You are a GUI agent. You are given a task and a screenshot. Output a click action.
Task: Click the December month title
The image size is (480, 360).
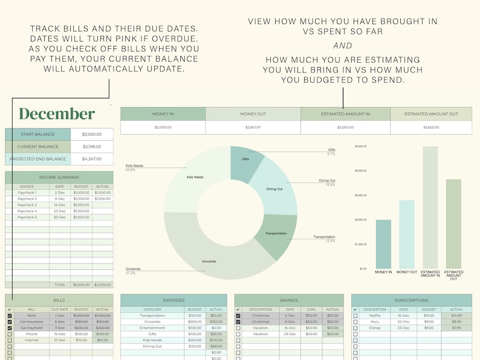tap(57, 114)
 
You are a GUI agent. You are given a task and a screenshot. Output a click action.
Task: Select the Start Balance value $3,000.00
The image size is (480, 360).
tap(91, 134)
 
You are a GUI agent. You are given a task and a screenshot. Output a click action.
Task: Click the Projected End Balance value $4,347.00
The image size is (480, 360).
tap(91, 159)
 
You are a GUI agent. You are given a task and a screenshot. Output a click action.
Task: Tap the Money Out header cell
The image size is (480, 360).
tap(253, 114)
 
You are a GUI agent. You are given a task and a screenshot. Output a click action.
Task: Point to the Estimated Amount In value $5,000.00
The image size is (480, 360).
tap(345, 127)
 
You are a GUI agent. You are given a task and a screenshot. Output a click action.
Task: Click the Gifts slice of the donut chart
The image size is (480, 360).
tap(244, 161)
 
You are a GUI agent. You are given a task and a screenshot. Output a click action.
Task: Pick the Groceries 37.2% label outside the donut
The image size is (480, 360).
tap(134, 271)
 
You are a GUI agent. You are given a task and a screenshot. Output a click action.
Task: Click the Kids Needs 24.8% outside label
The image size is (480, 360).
tap(133, 168)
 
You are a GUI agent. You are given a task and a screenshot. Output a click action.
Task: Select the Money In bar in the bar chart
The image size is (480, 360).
tap(383, 245)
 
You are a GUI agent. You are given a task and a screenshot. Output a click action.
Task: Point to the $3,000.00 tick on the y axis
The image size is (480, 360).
tap(361, 196)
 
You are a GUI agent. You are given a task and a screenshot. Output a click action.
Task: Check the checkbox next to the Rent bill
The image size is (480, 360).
tap(10, 315)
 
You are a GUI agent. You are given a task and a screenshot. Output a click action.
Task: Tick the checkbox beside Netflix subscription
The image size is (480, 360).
tap(355, 315)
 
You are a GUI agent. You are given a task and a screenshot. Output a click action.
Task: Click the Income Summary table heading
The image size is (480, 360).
tap(59, 177)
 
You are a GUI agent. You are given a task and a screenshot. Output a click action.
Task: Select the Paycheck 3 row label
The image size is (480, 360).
tap(27, 205)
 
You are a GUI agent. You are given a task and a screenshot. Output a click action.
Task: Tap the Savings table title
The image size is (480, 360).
tap(288, 300)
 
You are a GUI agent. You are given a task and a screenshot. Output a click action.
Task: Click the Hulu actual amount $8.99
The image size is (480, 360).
tap(456, 321)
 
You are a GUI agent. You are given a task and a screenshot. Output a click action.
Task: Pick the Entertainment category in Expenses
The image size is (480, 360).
tap(152, 328)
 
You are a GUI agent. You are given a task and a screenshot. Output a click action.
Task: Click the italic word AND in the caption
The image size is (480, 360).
tap(343, 45)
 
